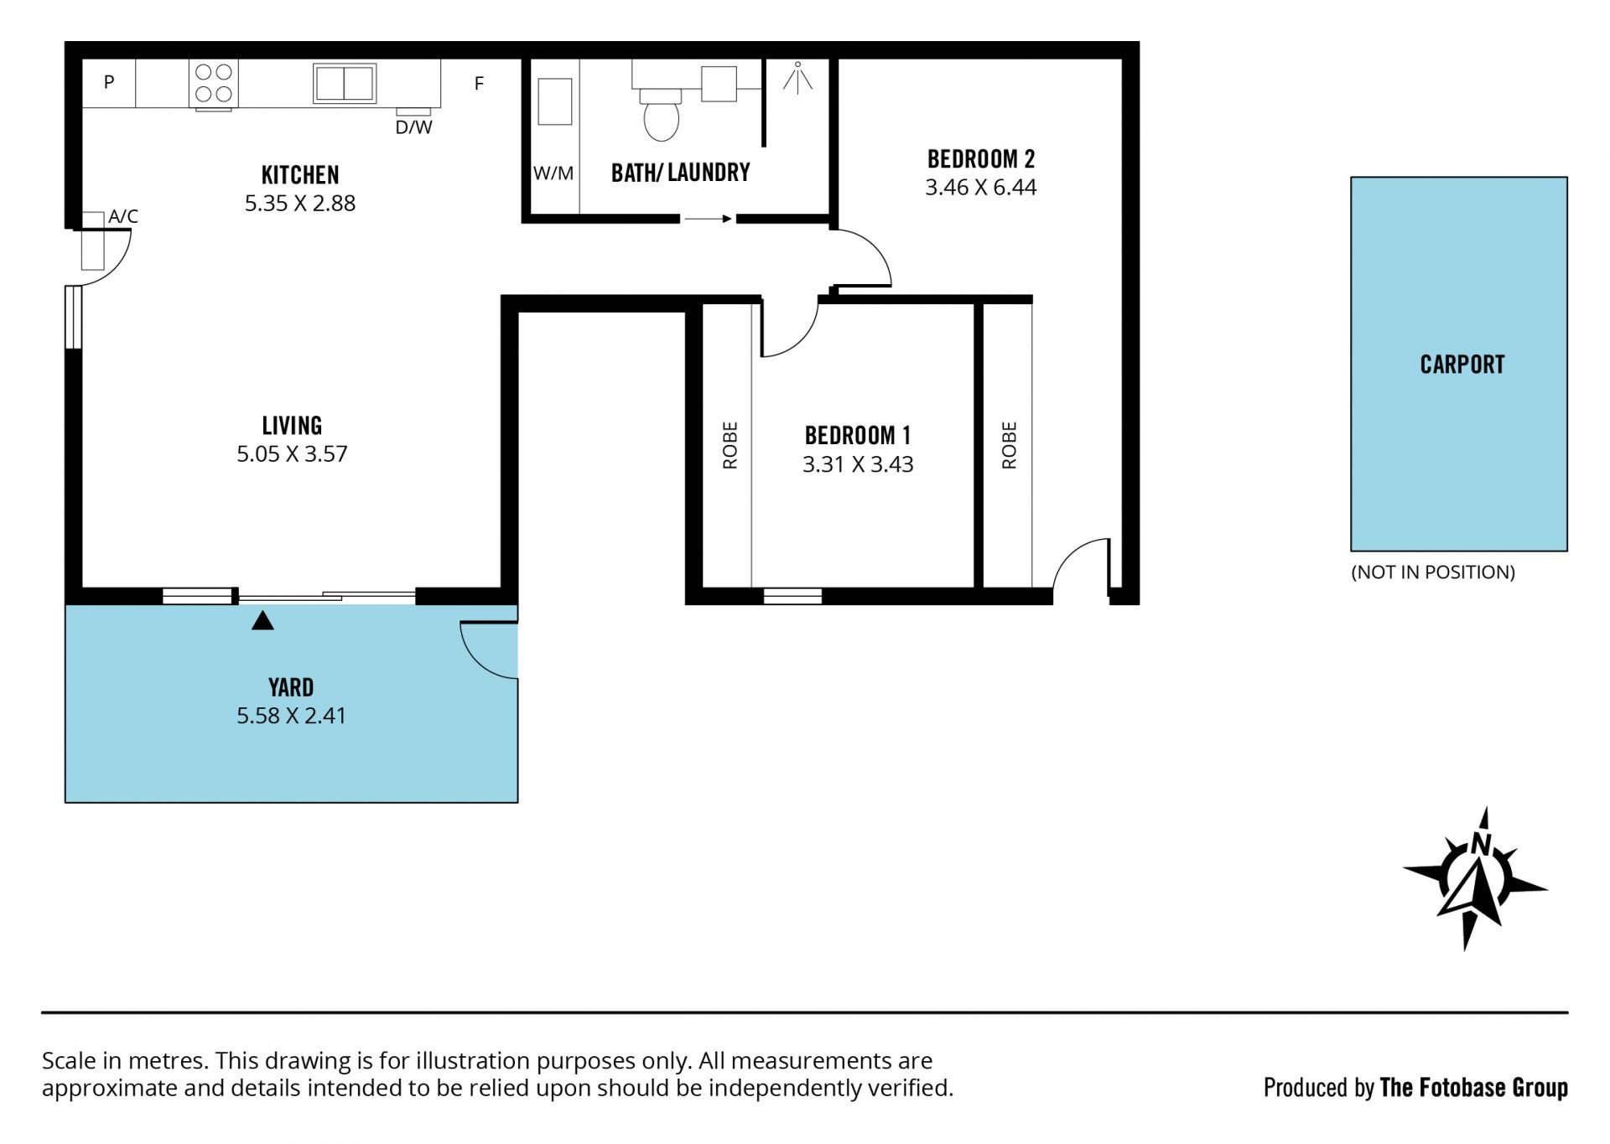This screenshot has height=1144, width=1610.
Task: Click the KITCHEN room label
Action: [x=300, y=175]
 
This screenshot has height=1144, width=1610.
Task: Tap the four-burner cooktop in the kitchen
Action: [x=214, y=83]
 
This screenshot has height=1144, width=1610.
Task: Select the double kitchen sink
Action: [x=345, y=83]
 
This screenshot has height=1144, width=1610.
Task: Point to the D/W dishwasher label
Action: [x=413, y=127]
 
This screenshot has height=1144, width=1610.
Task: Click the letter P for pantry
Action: [x=109, y=82]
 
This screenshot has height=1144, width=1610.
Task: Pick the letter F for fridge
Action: [x=479, y=83]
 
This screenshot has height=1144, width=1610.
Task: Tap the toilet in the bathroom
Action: [x=662, y=115]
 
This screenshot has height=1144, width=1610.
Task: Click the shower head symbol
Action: [x=797, y=76]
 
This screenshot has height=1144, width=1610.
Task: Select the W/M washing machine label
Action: [x=553, y=173]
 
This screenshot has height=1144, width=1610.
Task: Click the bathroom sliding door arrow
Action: [x=708, y=219]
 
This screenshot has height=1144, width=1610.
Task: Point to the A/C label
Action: [x=123, y=216]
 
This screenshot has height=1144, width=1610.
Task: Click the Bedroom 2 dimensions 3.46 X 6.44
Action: [x=981, y=187]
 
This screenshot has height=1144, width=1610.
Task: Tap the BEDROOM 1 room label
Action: [x=858, y=436]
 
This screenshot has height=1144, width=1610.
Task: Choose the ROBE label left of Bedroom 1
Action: [x=730, y=445]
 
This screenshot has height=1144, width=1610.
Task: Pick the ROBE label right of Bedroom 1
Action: [x=1009, y=445]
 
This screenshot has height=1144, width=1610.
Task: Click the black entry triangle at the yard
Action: [x=263, y=621]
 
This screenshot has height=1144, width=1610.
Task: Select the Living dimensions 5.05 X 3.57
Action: [x=292, y=453]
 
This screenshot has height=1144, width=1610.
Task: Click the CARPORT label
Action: [x=1462, y=365]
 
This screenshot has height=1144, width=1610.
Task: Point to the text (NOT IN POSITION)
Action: [x=1433, y=572]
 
